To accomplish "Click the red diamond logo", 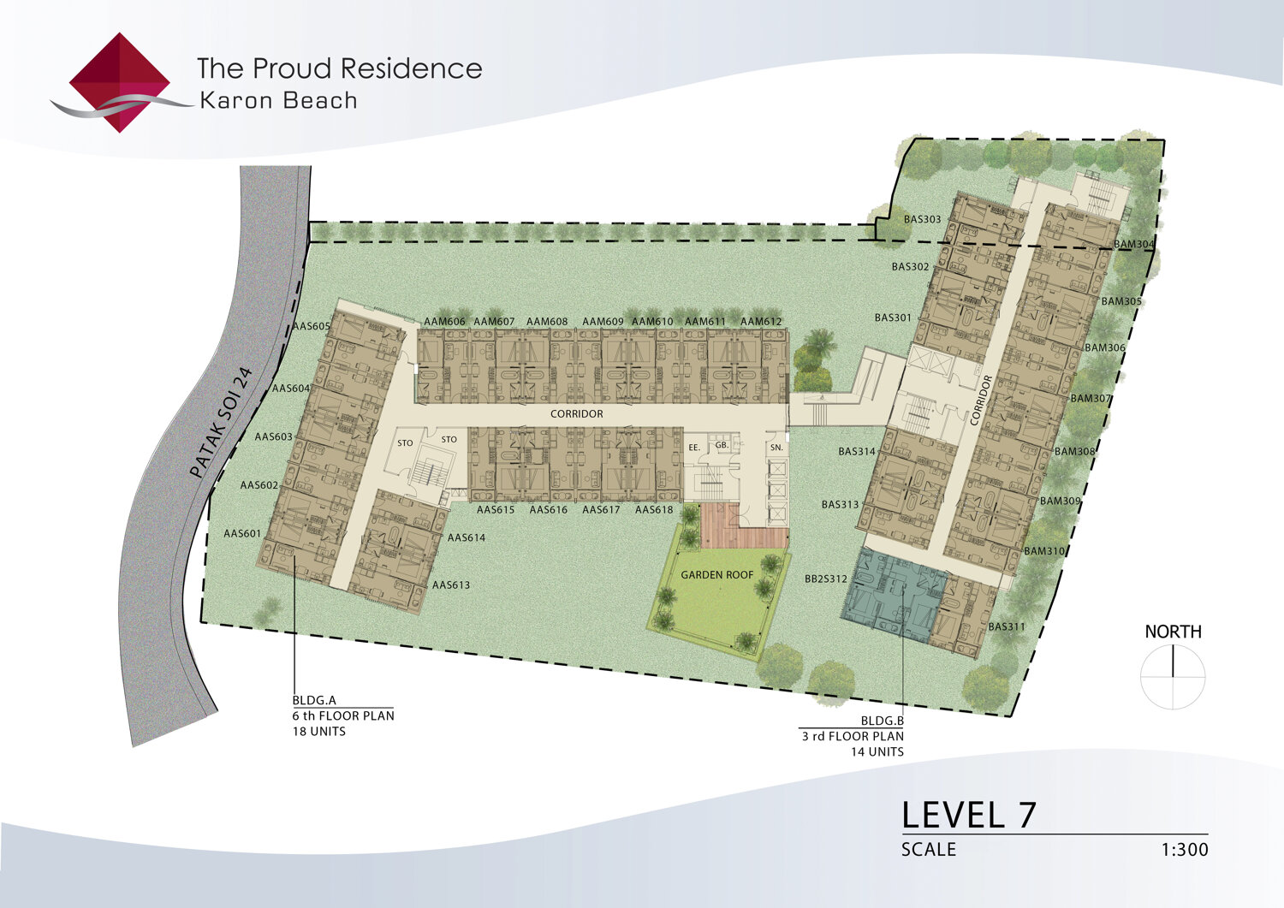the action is [119, 82].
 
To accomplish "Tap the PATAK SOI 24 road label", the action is [221, 423].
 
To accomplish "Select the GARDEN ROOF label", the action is [717, 575].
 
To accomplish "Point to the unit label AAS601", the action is [242, 534].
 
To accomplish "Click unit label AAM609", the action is [603, 322].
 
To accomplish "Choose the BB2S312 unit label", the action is [826, 579].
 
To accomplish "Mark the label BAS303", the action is [922, 219].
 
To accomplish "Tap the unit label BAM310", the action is [1044, 551].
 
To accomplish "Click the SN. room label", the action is [776, 448].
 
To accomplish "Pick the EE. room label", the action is [694, 448].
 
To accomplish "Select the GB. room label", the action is [722, 445].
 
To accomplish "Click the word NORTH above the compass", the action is [1174, 632].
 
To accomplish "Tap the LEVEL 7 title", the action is [969, 815].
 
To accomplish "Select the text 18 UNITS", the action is [318, 732].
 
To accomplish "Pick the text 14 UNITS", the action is [877, 751].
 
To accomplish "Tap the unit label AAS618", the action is [654, 509].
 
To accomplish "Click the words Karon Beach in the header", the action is [278, 101].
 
